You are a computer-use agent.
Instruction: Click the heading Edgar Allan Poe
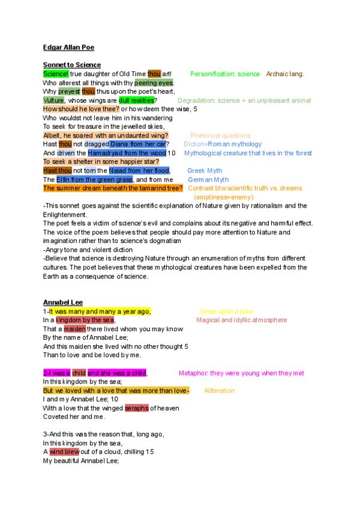coord(69,47)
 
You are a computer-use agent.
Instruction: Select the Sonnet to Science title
coord(72,65)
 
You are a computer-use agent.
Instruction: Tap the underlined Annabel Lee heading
coord(63,302)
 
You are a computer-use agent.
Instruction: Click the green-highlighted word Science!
coord(56,74)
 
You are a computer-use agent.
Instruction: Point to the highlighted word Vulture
coord(53,100)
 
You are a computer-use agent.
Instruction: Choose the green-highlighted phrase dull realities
coord(136,100)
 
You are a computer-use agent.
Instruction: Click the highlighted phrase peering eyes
coord(154,82)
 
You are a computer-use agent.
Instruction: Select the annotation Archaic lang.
coord(285,74)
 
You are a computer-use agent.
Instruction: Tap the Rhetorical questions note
coord(220,136)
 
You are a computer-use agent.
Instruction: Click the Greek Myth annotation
coord(205,171)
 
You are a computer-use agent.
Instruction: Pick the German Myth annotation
coord(208,179)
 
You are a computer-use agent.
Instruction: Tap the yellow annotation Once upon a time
coord(226,312)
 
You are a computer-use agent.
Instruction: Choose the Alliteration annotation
coord(220,391)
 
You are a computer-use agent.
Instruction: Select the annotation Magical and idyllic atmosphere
coord(242,320)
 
